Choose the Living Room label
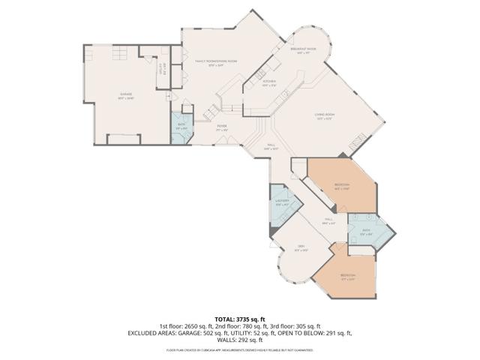(324, 116)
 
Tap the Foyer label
(222, 127)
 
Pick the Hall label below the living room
(271, 146)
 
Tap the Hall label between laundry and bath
(328, 220)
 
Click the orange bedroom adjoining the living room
(342, 186)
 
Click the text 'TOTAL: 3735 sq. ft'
(240, 319)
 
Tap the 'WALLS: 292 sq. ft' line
(240, 339)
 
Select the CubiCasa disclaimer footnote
(240, 349)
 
